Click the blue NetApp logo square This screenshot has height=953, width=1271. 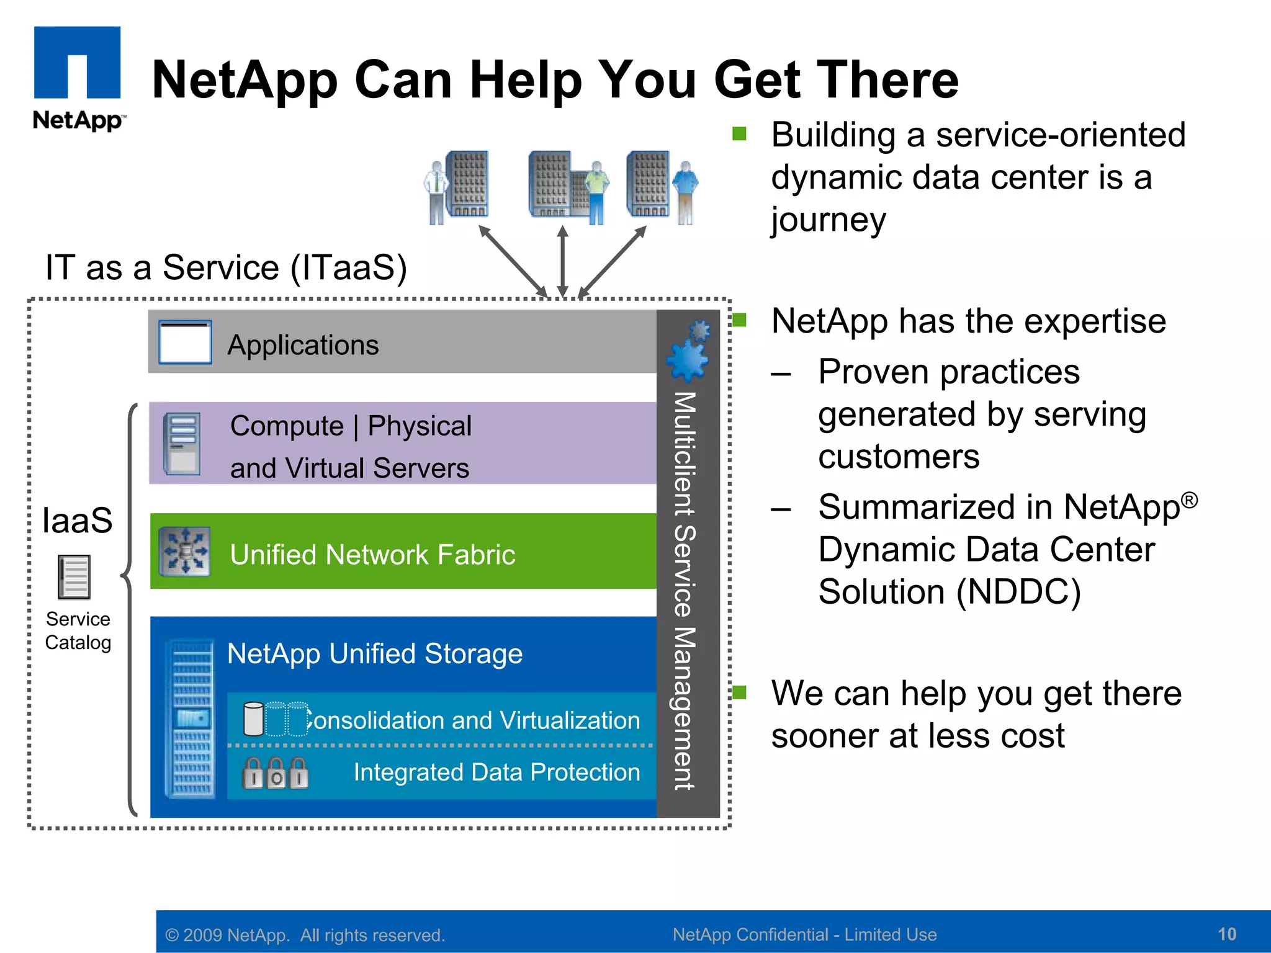click(x=77, y=62)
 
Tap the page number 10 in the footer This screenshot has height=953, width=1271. click(x=1226, y=934)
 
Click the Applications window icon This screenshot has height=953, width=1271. click(x=185, y=342)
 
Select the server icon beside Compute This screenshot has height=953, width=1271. click(x=182, y=444)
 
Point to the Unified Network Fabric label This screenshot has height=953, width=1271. click(x=372, y=555)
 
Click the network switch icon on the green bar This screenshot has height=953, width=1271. click(x=184, y=551)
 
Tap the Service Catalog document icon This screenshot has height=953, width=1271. click(x=74, y=577)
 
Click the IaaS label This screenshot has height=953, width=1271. click(x=77, y=520)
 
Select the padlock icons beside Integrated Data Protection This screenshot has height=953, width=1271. click(x=275, y=773)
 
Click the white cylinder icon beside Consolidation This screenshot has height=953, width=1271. click(x=253, y=719)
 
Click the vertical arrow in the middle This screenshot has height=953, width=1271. click(x=562, y=261)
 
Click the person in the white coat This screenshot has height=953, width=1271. click(x=437, y=192)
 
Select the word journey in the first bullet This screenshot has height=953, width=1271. click(x=828, y=220)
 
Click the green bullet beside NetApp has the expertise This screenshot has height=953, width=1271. click(x=739, y=320)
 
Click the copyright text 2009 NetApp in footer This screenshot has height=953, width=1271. click(x=304, y=935)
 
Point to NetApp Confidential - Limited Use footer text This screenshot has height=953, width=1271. click(x=804, y=934)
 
